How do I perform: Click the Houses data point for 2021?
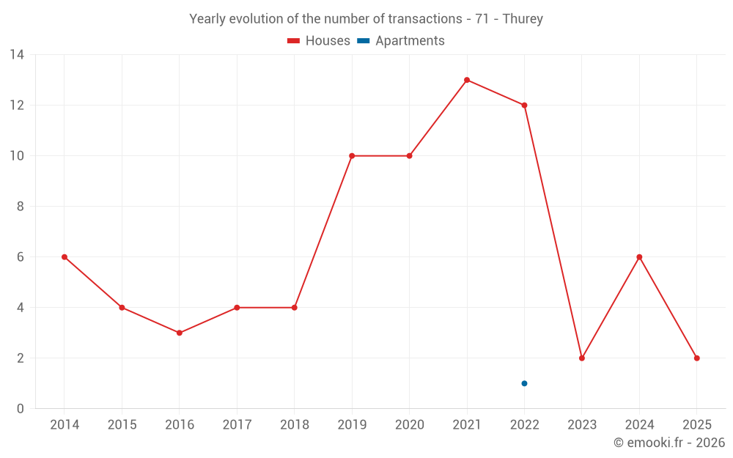point(467,80)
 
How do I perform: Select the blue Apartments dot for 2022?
point(524,383)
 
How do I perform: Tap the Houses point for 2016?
point(179,333)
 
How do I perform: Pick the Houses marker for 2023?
point(582,358)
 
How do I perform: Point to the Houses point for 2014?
point(65,257)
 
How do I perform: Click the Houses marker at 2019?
point(352,156)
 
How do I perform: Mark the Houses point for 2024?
point(639,257)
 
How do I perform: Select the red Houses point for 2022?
point(524,106)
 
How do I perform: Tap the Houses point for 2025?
point(696,358)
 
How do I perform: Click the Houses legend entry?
point(319,41)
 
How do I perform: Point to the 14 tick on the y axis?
point(17,55)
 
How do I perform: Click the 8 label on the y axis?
point(21,207)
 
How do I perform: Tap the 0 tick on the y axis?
point(21,409)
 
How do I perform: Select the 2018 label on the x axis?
point(294,425)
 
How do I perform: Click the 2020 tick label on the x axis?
point(409,425)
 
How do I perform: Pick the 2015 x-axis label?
point(122,425)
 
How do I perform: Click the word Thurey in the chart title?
point(523,19)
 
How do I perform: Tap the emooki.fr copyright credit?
point(669,443)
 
